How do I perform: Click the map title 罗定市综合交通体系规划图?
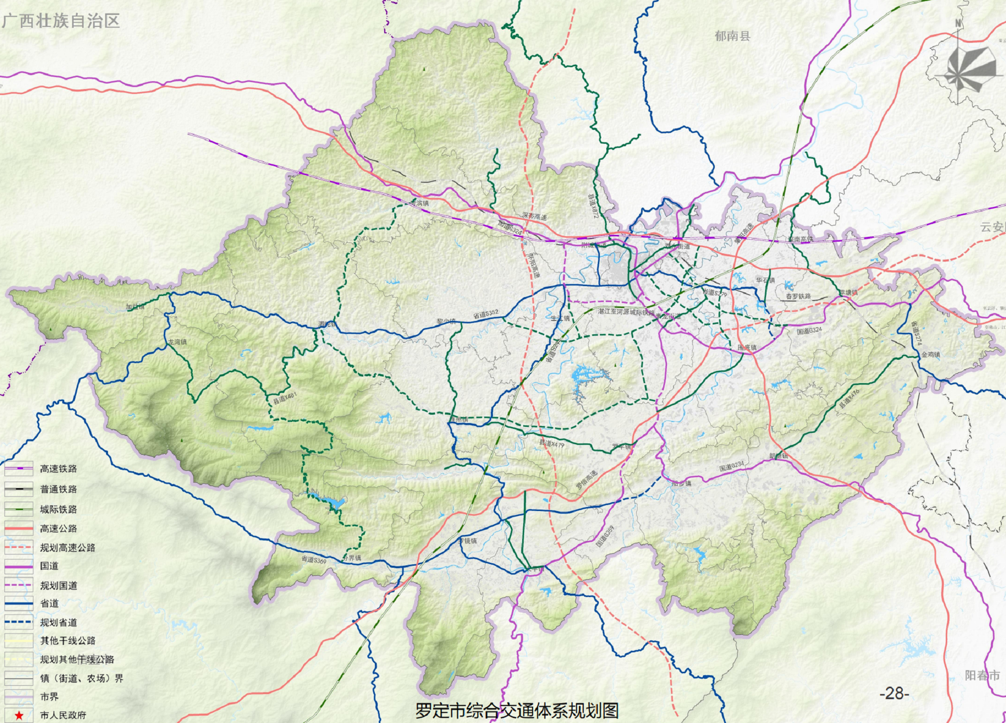coord(516,710)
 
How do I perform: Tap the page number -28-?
coord(894,693)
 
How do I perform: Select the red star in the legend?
coord(19,716)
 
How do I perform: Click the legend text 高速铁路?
coord(58,469)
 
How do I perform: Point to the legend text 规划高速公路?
coord(67,548)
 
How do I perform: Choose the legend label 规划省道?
coord(58,622)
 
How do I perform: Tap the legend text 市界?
coord(49,697)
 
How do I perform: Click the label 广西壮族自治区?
coord(61,21)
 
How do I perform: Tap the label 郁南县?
coord(732,36)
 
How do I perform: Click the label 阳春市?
coord(982,675)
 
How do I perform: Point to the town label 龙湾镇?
coord(177,342)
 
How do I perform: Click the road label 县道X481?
coord(285,398)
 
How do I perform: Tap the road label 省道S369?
coord(314,560)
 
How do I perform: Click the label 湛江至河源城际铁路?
coord(626,312)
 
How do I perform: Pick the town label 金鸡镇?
coord(930,355)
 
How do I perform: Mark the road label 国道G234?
coord(731,466)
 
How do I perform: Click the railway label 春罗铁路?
coord(798,296)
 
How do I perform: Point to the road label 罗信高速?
coord(586,480)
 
